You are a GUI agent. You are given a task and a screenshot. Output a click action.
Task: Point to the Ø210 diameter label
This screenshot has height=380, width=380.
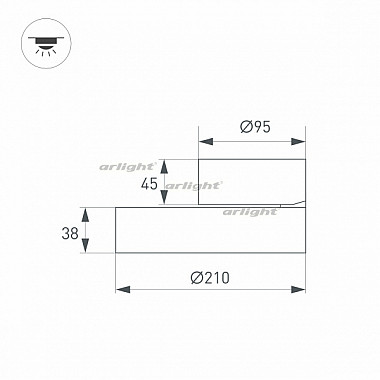210,277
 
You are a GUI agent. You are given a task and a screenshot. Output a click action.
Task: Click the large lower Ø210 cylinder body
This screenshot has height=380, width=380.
210,230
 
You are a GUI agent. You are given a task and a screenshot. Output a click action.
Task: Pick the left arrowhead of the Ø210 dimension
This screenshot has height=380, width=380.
121,289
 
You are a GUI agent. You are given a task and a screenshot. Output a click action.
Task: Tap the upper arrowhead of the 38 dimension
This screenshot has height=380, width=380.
86,211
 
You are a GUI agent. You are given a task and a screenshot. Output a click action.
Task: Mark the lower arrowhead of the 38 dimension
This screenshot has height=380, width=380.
86,250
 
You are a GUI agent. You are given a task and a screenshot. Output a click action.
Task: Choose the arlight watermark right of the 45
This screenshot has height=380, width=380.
193,185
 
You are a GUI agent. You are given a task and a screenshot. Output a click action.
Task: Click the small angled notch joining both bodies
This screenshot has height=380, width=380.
290,205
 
